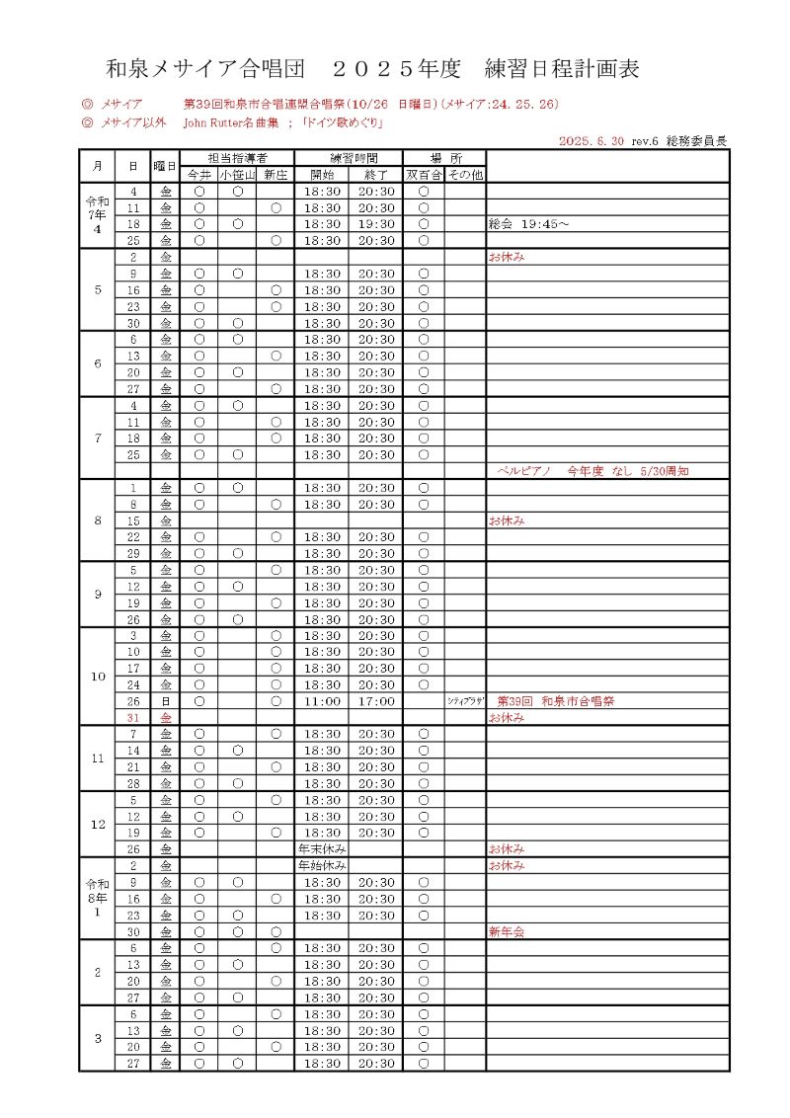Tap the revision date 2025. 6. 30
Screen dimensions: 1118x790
591,141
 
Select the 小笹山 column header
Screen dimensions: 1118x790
237,175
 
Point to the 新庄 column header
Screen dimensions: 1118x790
276,175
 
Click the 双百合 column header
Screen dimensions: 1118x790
423,175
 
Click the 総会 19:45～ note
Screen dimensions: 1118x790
530,224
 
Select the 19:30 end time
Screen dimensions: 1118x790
376,224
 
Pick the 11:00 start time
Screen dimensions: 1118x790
322,701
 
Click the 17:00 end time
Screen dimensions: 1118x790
376,701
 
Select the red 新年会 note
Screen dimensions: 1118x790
506,931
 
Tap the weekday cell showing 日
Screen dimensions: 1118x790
166,701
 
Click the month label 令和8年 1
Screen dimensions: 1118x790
97,899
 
